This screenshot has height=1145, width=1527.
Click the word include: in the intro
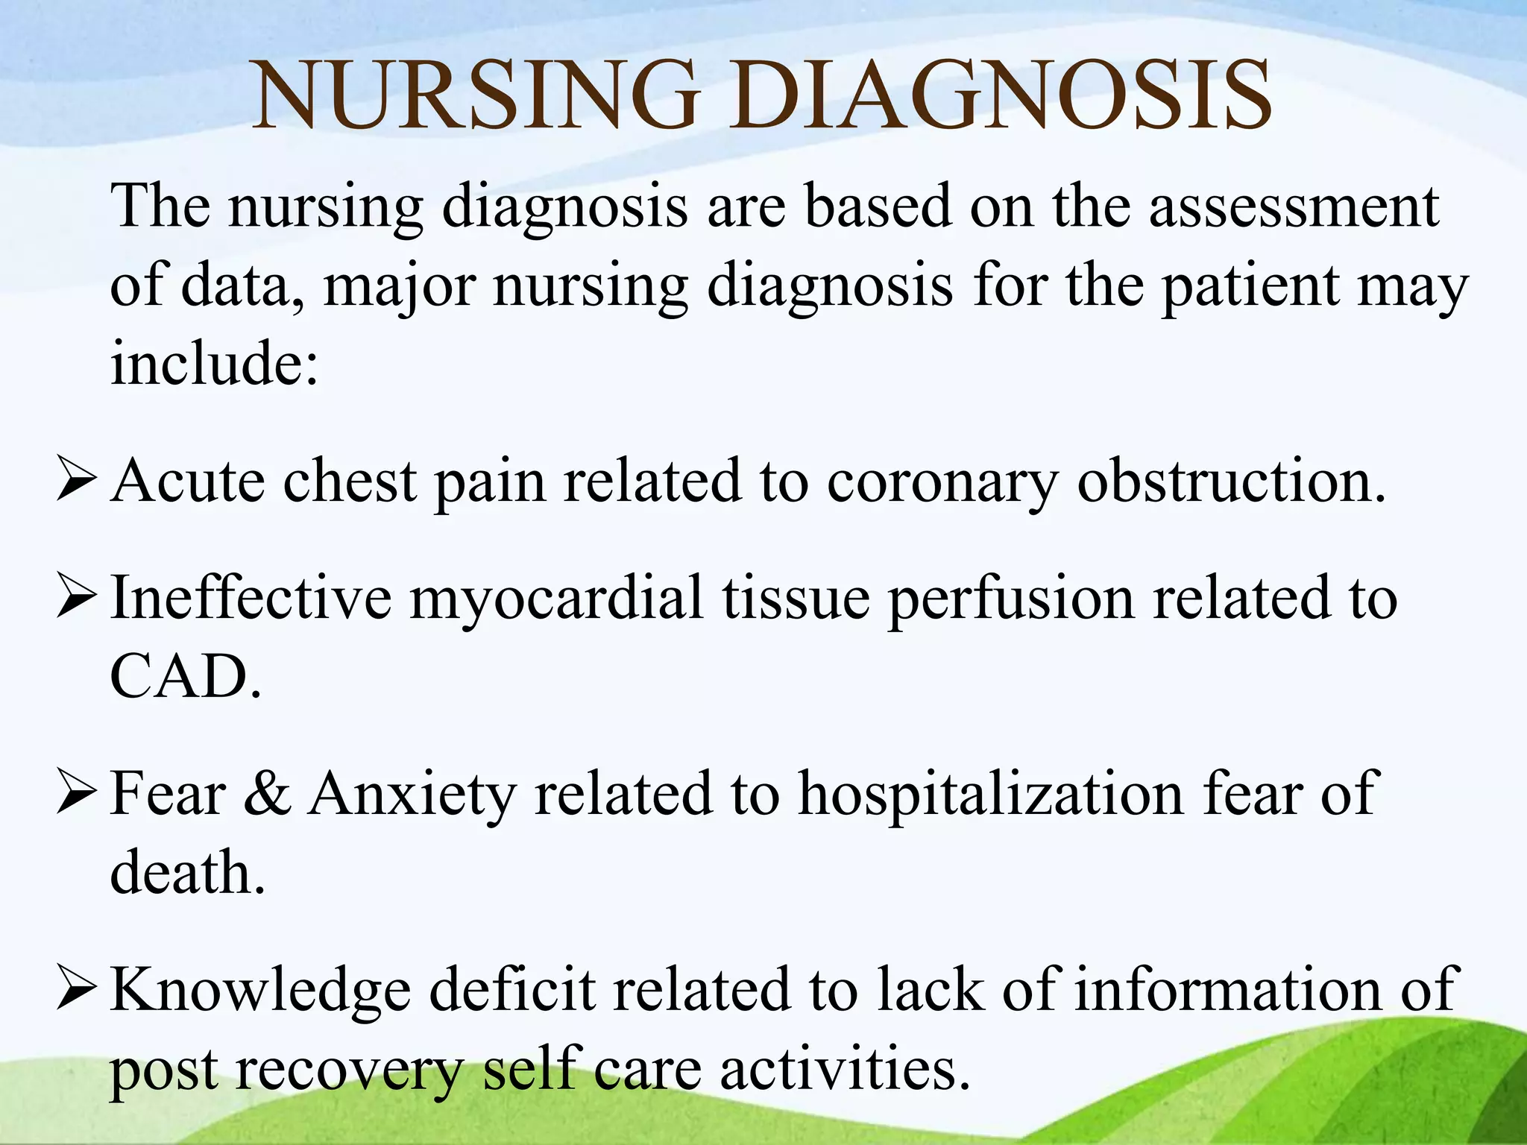tap(215, 363)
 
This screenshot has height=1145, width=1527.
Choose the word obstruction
tap(1231, 482)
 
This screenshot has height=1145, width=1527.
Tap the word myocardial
tap(556, 598)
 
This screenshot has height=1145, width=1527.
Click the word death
tap(187, 872)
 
